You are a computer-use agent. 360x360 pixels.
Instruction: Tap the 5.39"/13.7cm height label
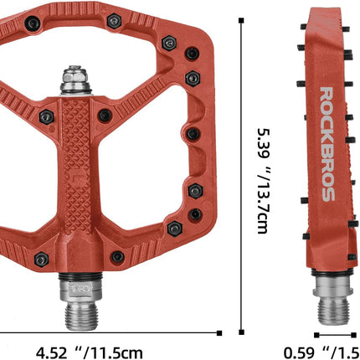tap(263, 180)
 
